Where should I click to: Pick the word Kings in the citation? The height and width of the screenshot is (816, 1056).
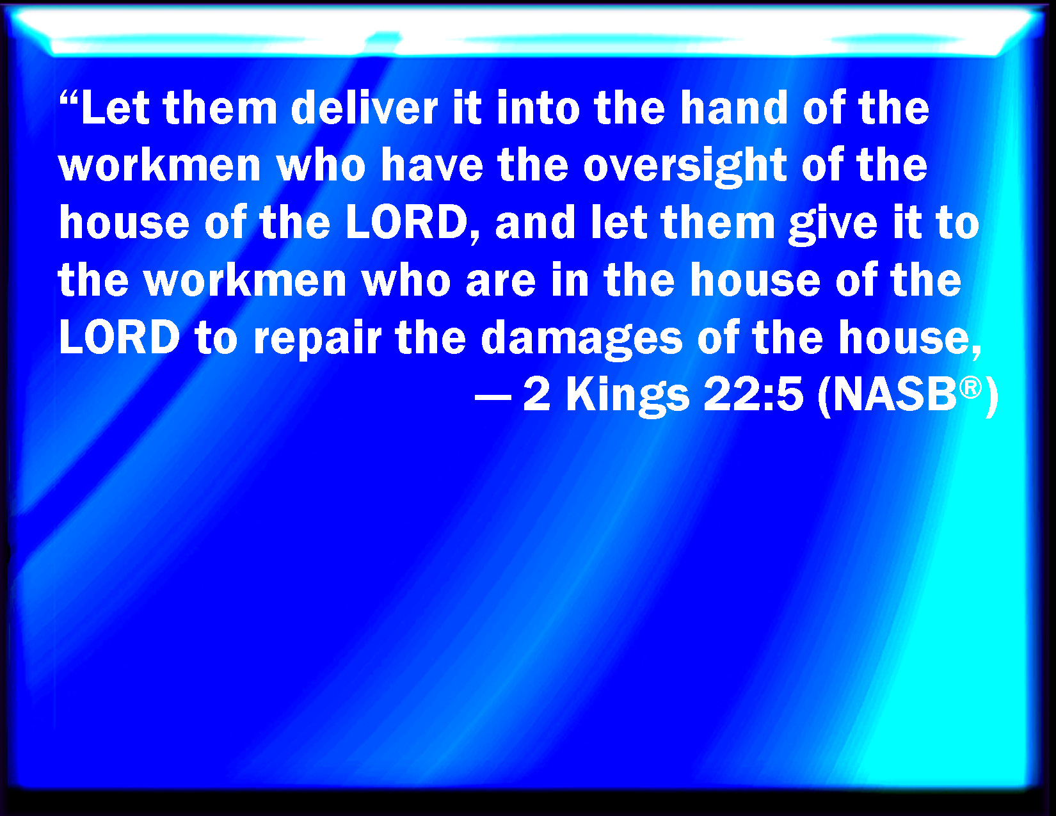click(627, 397)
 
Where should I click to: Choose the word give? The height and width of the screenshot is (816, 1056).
click(833, 225)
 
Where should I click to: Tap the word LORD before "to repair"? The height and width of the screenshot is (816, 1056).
click(120, 338)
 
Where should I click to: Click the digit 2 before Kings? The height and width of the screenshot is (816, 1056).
click(536, 396)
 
